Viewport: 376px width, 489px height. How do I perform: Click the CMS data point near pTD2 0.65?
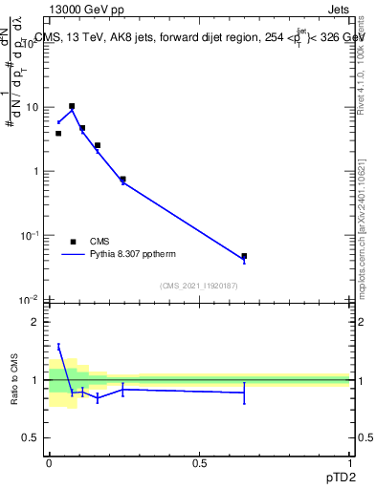coord(244,256)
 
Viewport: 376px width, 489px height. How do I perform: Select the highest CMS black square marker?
coord(72,106)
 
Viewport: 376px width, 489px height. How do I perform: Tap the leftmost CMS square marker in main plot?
coord(58,133)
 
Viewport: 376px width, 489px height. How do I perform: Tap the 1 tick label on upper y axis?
coord(36,171)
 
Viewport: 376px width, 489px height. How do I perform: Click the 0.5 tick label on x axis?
coord(199,463)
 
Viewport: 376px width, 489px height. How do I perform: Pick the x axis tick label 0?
coord(50,463)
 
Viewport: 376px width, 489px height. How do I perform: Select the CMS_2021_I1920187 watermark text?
coord(198,286)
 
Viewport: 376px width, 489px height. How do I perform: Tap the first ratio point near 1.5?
coord(58,347)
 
